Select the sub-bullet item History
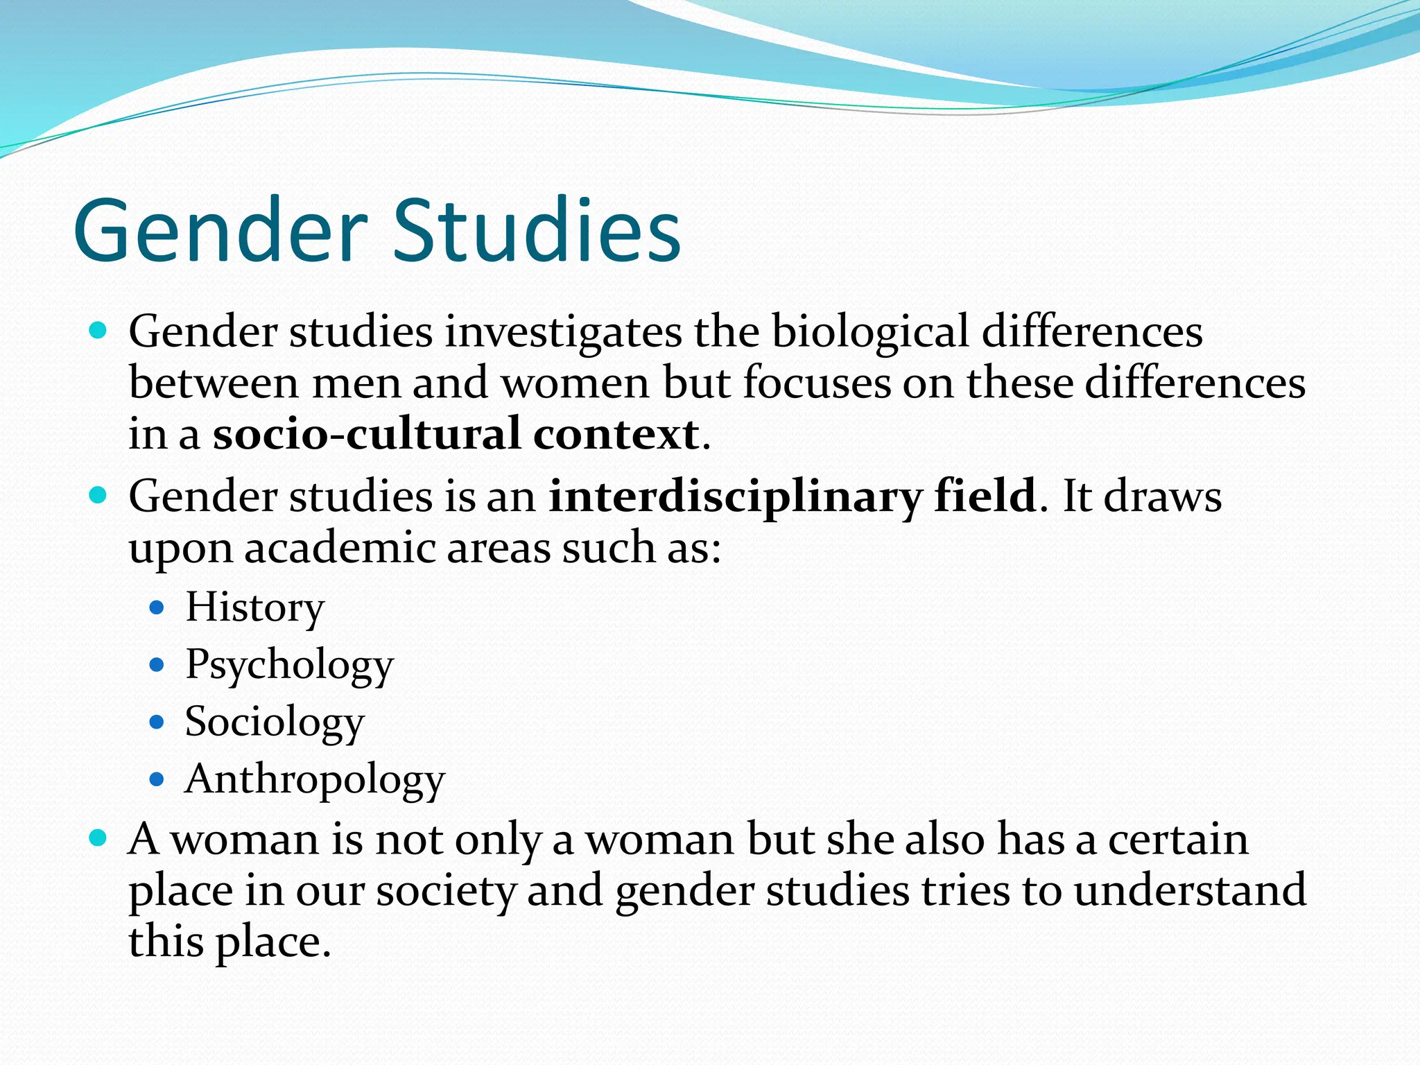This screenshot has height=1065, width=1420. click(x=254, y=607)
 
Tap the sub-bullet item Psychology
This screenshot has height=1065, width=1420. click(x=289, y=665)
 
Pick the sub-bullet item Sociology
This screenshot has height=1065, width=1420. click(x=275, y=722)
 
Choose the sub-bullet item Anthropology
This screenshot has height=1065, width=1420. click(x=315, y=779)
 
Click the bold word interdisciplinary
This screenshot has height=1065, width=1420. click(x=735, y=496)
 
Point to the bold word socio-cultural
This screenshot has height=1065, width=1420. click(x=366, y=434)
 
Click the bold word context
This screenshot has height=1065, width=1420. click(x=616, y=434)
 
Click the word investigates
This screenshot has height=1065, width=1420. click(x=563, y=331)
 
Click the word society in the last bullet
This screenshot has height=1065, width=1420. click(x=445, y=890)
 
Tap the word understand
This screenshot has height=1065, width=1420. click(x=1190, y=890)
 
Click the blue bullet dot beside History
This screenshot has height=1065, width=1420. click(x=157, y=608)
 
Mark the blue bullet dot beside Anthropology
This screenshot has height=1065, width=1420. click(x=157, y=779)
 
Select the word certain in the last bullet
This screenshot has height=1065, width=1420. click(x=1178, y=839)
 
